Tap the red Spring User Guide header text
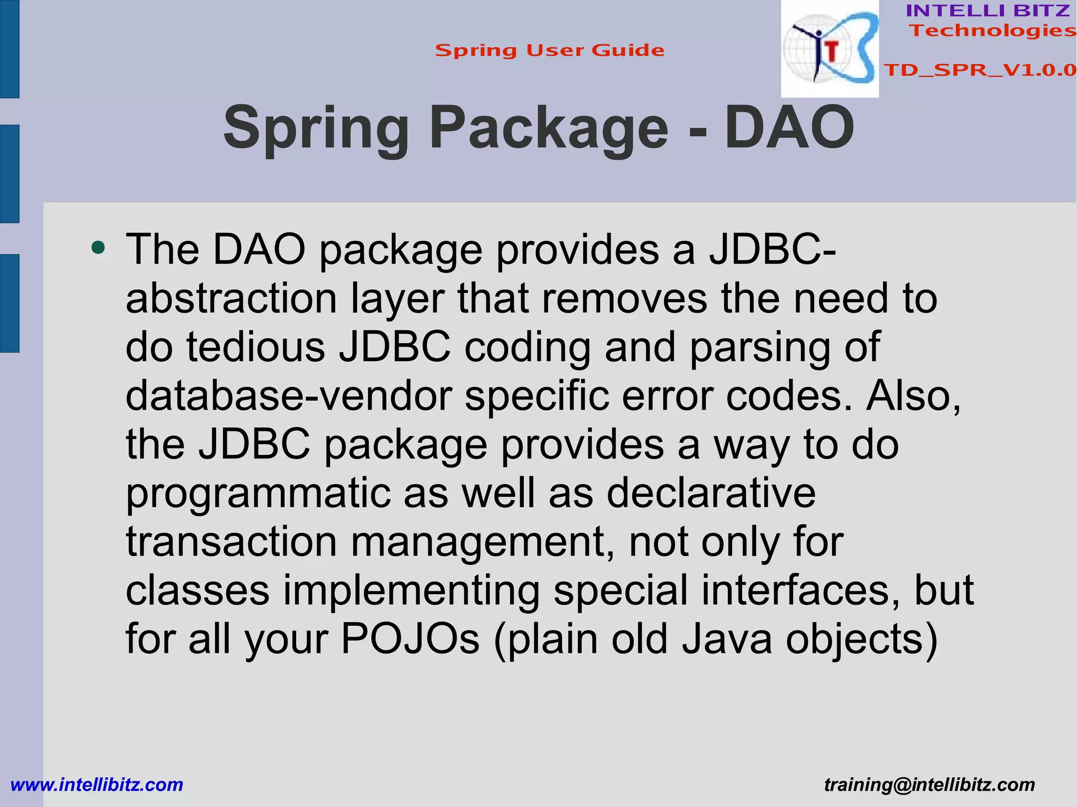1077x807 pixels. coord(550,50)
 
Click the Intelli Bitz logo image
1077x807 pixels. coord(829,49)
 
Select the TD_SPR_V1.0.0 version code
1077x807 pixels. coord(980,70)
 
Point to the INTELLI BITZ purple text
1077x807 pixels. coord(988,11)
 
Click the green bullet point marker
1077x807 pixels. coord(98,247)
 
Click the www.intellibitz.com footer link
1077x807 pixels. coord(97,784)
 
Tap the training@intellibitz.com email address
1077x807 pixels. coord(929,784)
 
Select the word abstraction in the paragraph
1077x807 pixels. coord(231,298)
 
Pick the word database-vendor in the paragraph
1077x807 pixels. coord(288,395)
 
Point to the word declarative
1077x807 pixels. coord(710,493)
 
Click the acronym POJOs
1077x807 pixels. coord(410,639)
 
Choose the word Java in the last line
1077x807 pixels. coord(727,639)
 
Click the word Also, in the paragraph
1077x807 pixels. coord(913,395)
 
